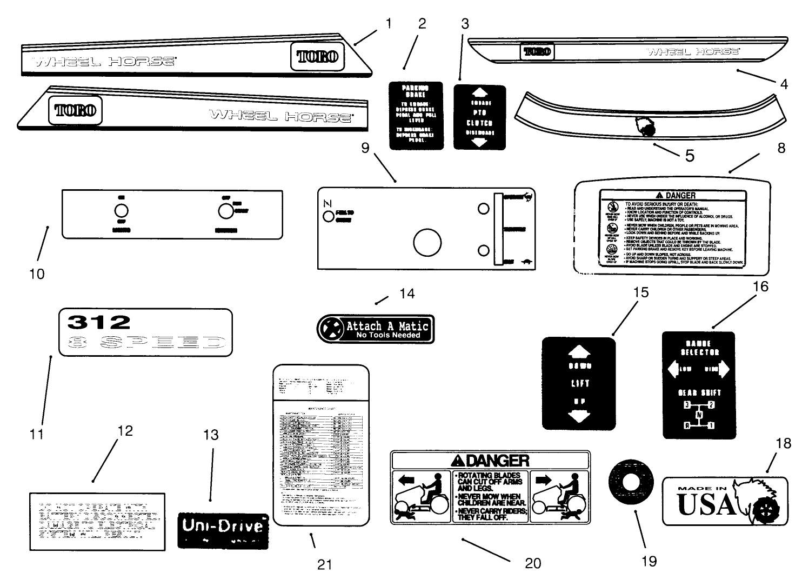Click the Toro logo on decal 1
(x=318, y=56)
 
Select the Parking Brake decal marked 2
(x=416, y=116)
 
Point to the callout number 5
(x=690, y=155)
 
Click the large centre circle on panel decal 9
(x=427, y=243)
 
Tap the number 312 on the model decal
(x=99, y=322)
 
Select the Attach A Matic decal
(x=375, y=329)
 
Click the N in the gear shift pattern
(x=699, y=415)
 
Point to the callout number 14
(x=406, y=294)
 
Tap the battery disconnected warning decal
(x=97, y=521)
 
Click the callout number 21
(x=324, y=565)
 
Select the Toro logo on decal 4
(x=536, y=51)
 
